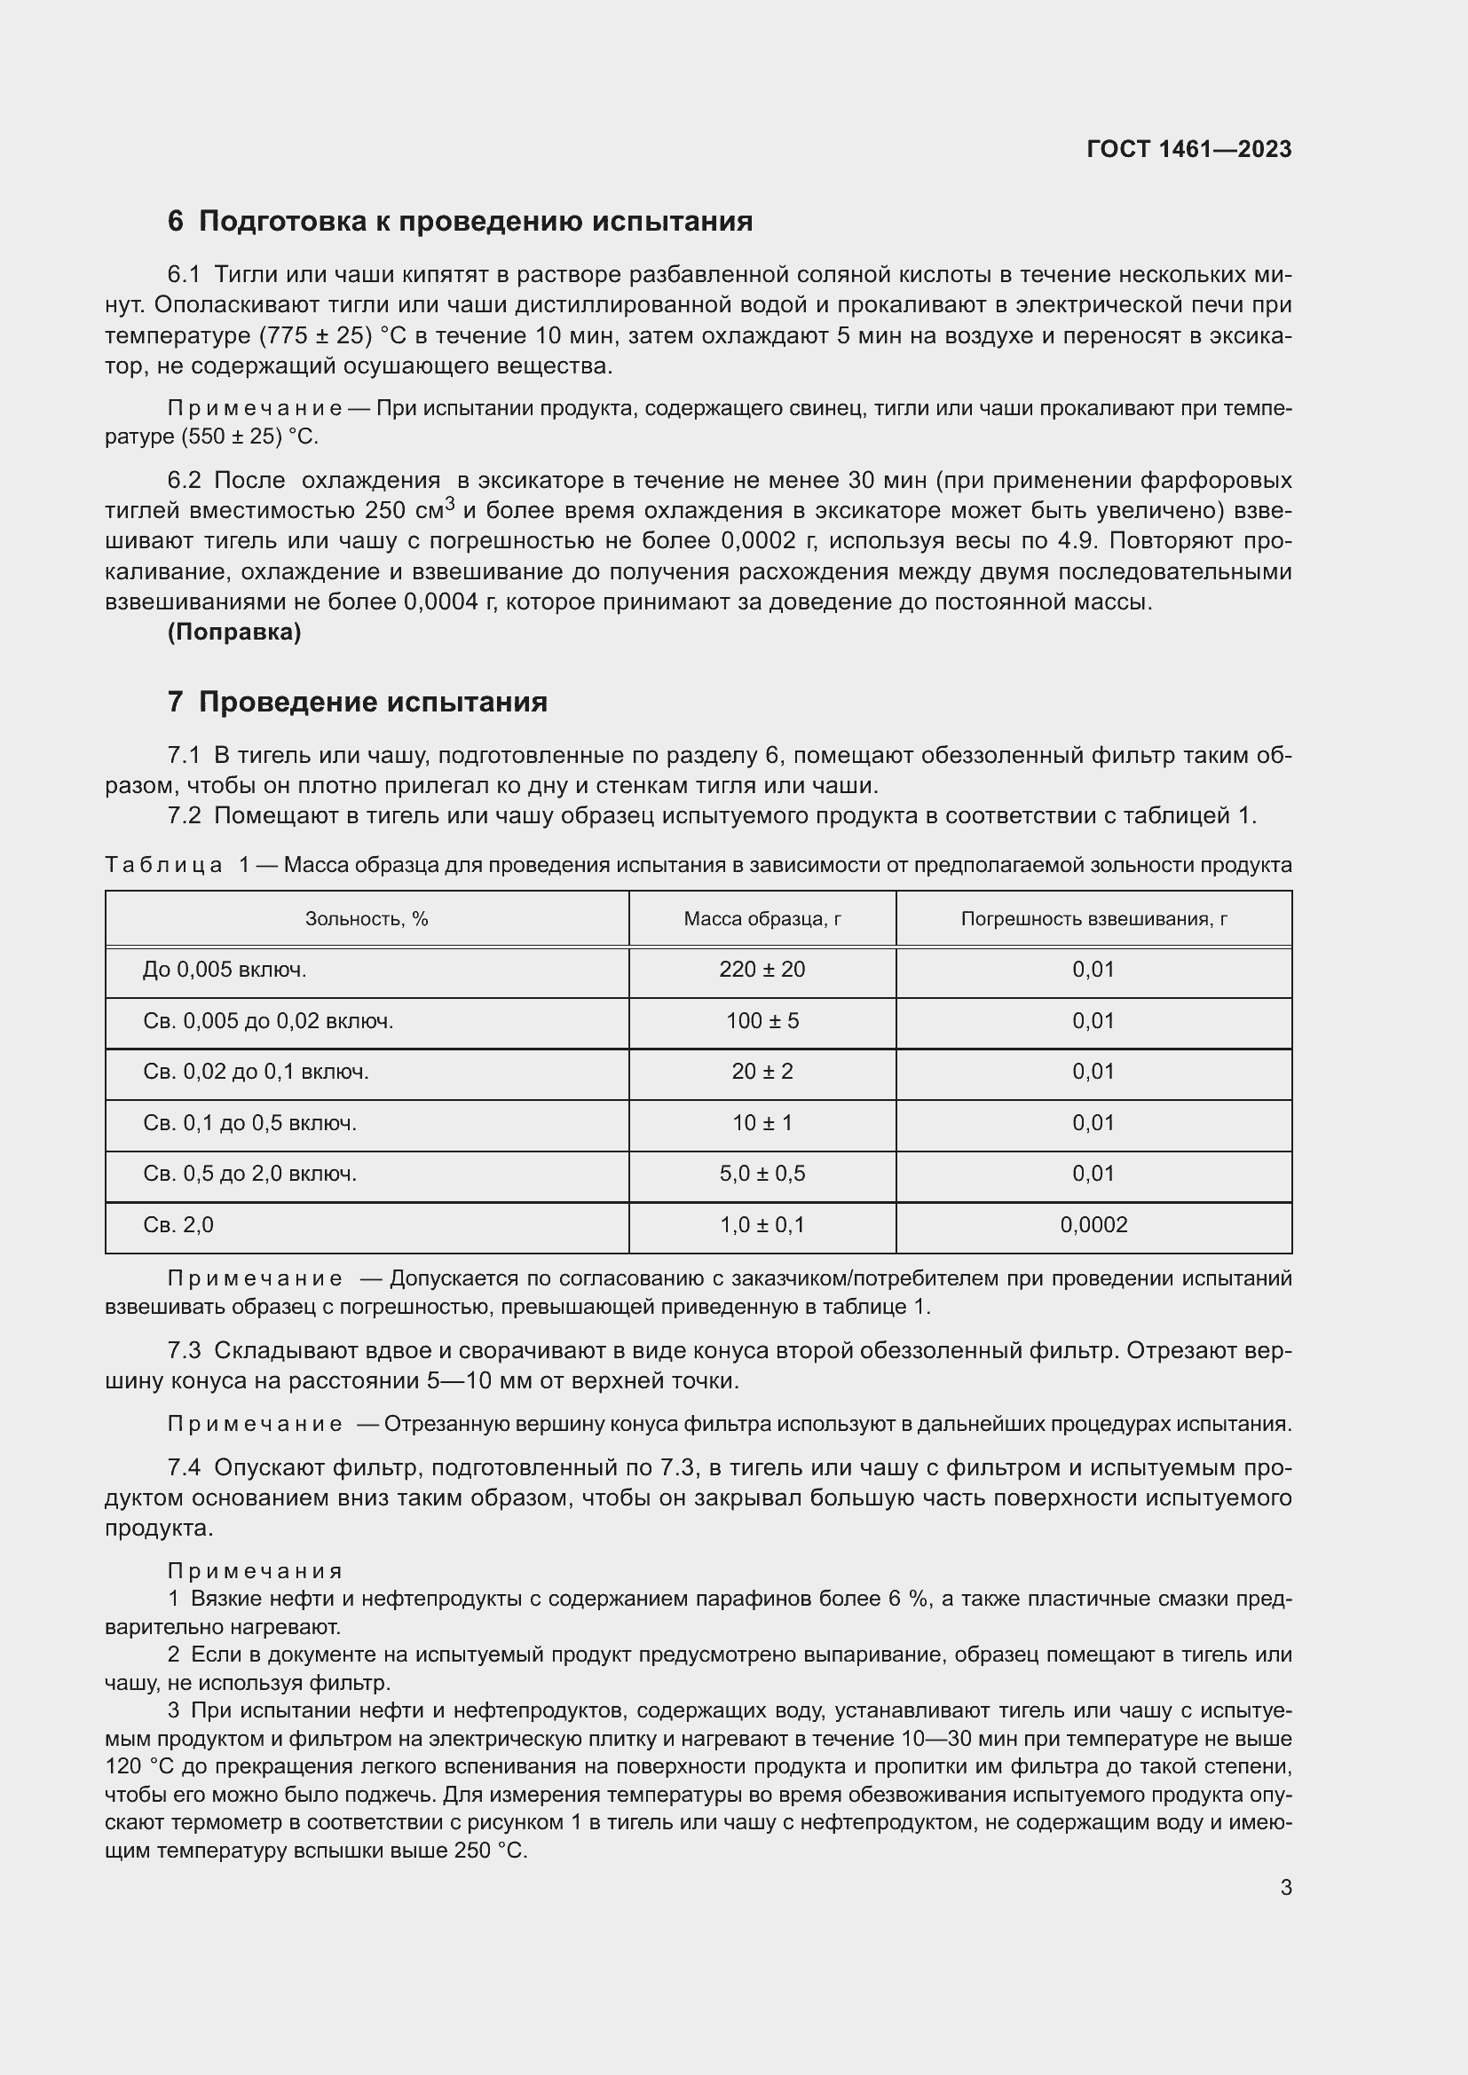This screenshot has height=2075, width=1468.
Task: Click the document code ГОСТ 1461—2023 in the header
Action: click(1188, 150)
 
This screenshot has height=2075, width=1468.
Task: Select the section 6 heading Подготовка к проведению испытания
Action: click(460, 222)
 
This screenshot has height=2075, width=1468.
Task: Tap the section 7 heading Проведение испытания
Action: click(357, 703)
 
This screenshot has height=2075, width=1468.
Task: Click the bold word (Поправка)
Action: click(234, 633)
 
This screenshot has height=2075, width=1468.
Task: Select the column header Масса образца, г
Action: click(762, 919)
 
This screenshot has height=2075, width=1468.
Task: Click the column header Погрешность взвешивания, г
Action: click(1093, 919)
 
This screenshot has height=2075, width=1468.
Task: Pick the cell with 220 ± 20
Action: click(762, 970)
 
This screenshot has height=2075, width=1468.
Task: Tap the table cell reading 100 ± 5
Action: click(762, 1021)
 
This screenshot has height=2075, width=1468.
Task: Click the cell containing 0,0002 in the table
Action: click(1093, 1225)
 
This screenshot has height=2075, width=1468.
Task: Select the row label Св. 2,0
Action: click(178, 1225)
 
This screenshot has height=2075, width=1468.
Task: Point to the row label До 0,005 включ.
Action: click(225, 970)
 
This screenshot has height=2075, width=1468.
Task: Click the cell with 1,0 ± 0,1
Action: click(762, 1225)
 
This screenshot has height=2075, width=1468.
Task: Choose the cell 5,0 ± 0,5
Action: click(762, 1174)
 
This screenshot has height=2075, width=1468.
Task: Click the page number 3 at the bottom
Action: click(1285, 1888)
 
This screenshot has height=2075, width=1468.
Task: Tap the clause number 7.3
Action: click(184, 1351)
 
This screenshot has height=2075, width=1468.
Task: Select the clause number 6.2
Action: click(184, 481)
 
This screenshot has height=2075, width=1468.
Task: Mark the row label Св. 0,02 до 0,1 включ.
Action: click(256, 1072)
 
